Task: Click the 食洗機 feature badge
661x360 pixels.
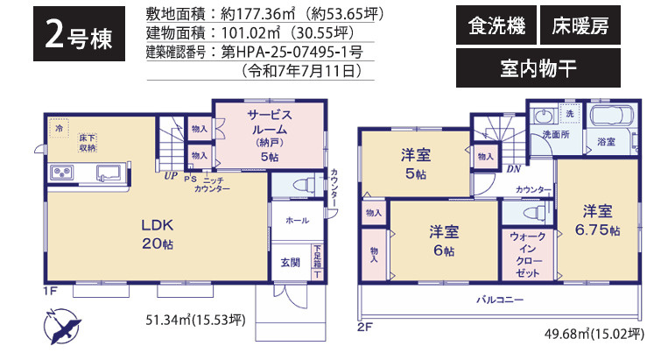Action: [496, 27]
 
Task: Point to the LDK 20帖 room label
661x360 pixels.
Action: [158, 233]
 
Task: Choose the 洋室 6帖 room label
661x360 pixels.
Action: [442, 240]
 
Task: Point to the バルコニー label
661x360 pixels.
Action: [500, 300]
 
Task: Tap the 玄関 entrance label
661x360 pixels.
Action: [290, 261]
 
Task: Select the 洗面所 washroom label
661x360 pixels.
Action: [555, 136]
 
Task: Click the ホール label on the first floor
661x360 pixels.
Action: [297, 221]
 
